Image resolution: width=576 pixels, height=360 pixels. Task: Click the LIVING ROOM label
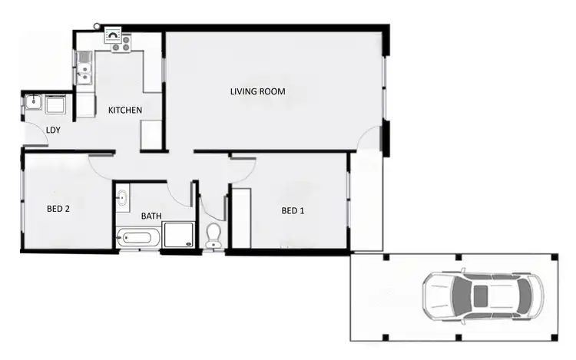pyautogui.click(x=258, y=92)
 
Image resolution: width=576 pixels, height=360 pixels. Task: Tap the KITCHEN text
pyautogui.click(x=124, y=111)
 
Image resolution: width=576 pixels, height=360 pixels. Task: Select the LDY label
pyautogui.click(x=54, y=130)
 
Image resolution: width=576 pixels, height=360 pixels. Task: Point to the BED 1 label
pyautogui.click(x=293, y=211)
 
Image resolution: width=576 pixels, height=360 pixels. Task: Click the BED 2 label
pyautogui.click(x=58, y=208)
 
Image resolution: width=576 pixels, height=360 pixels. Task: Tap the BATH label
pyautogui.click(x=151, y=216)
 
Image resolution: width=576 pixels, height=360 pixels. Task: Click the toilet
pyautogui.click(x=214, y=236)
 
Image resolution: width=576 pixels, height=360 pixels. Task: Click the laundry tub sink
pyautogui.click(x=34, y=103)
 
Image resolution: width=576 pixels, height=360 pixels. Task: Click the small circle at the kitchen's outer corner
pyautogui.click(x=98, y=26)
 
